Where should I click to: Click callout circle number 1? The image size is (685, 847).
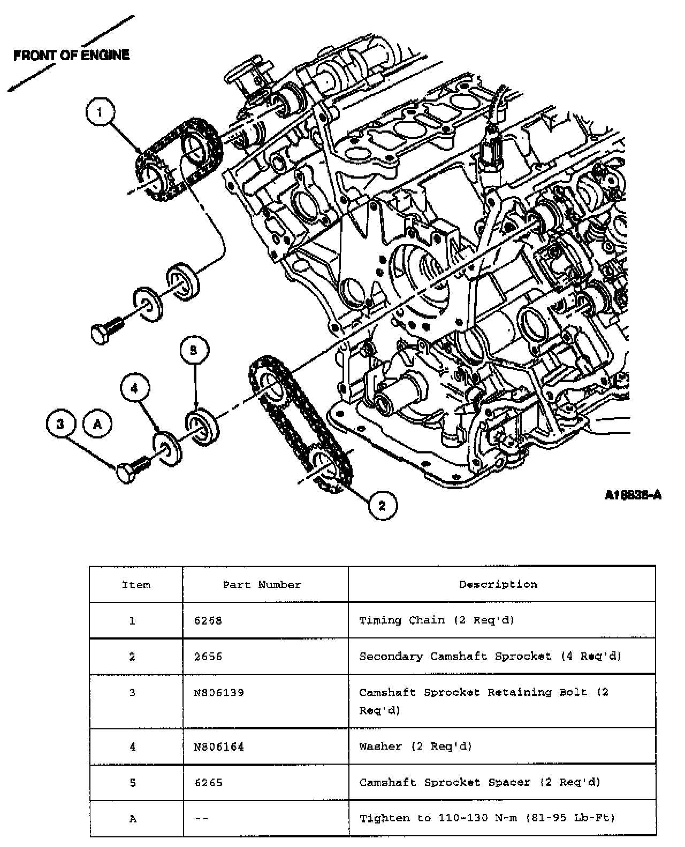(100, 112)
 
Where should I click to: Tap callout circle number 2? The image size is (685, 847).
(382, 505)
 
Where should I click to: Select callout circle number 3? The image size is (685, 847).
(60, 424)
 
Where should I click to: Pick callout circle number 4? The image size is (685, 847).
(134, 389)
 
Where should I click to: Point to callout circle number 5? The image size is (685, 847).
(194, 350)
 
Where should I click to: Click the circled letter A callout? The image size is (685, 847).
(97, 424)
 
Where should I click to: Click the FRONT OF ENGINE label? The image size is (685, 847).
(71, 55)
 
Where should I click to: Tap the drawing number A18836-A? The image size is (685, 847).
(633, 495)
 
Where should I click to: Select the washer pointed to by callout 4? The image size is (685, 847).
(168, 447)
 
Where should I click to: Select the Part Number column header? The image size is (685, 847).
(262, 584)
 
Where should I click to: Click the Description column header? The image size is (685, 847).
(498, 584)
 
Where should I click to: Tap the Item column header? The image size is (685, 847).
(136, 584)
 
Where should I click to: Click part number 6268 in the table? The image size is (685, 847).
(208, 621)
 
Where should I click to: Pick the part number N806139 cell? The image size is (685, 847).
(219, 692)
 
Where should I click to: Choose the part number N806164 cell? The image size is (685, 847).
(219, 746)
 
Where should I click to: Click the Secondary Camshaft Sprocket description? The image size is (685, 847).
(490, 656)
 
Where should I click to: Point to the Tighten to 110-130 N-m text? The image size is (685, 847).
(487, 818)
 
